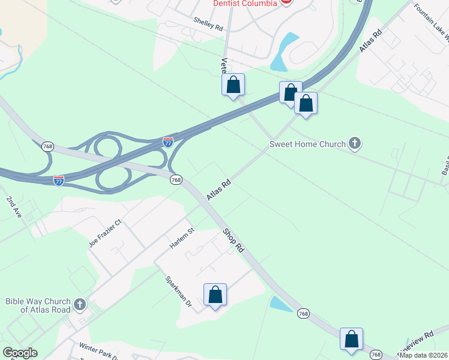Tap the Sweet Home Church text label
307,144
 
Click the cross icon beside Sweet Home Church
355,143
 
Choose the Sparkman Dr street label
178,292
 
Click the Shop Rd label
234,239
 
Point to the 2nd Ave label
14,206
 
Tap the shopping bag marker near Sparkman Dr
215,295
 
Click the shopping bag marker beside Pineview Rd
352,339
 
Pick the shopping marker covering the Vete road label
234,85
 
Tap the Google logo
19,353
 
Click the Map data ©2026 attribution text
424,355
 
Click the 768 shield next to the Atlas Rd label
176,180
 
